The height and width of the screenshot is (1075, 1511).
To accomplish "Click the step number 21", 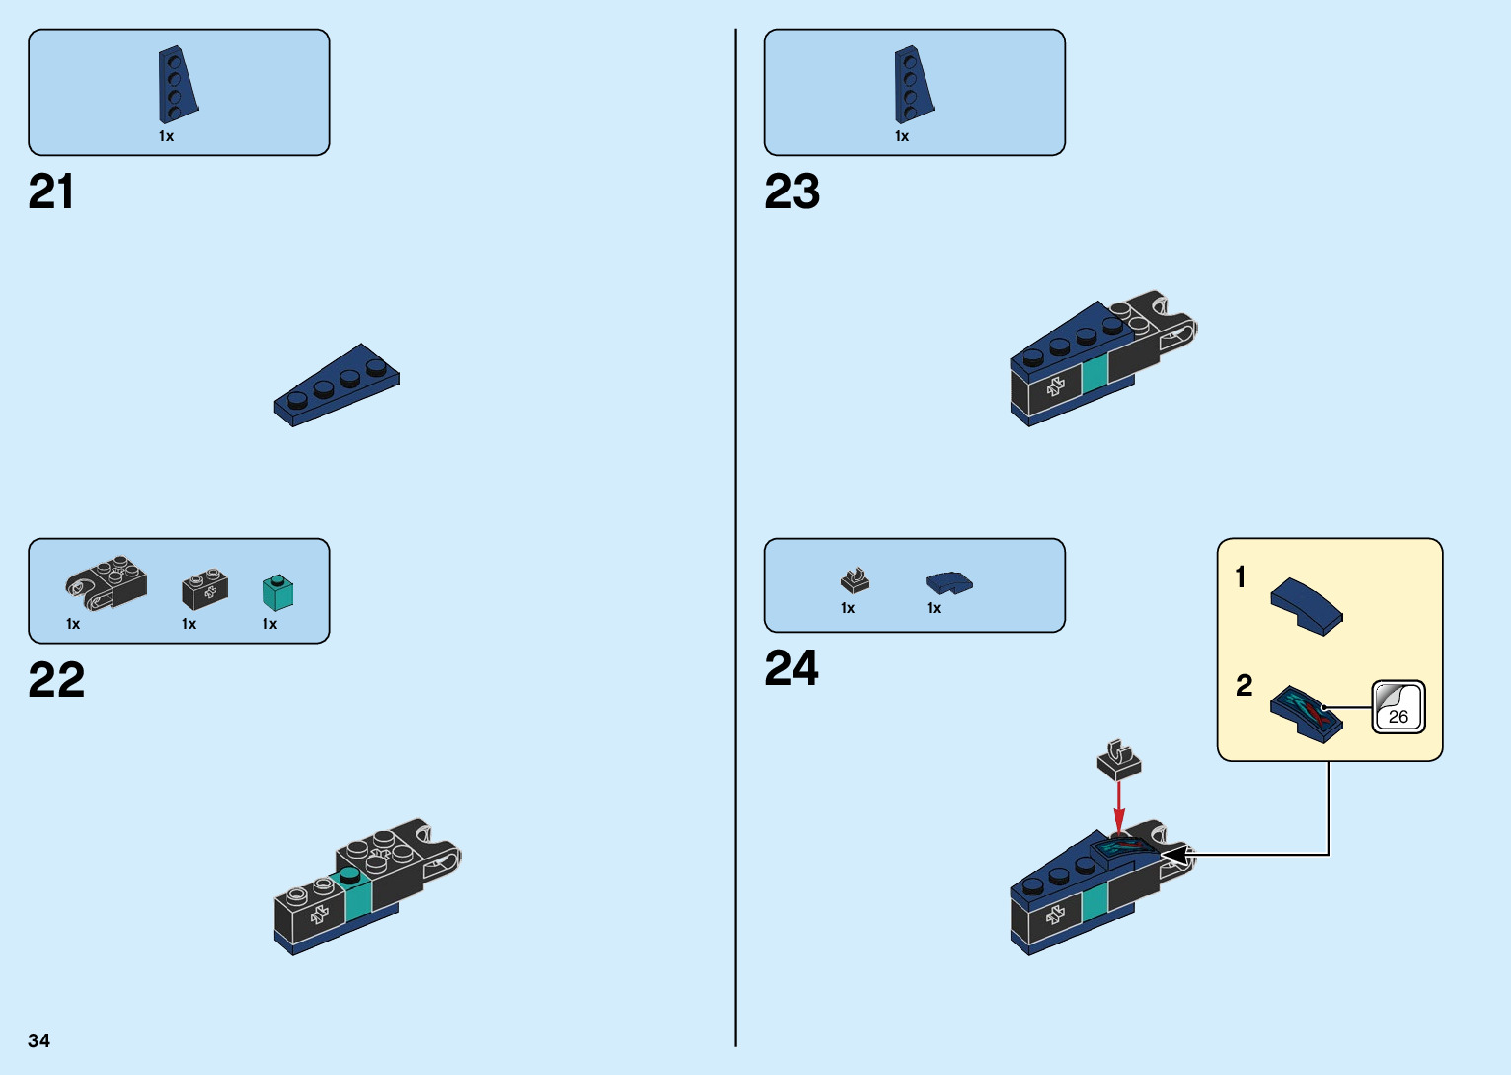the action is tap(51, 192).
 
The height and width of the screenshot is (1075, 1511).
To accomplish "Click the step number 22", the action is tap(56, 680).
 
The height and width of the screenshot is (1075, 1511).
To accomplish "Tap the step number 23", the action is tap(792, 192).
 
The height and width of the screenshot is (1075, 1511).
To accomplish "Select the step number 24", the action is tap(792, 668).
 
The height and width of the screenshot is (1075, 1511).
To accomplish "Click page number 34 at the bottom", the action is tap(39, 1040).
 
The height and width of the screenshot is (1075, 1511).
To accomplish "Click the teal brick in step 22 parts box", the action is tap(277, 592).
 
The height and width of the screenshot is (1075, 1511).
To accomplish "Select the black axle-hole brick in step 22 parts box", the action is tap(205, 589).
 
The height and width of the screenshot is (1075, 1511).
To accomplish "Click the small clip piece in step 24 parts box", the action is tap(855, 581).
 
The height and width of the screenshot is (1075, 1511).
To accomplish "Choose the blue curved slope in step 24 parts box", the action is tap(948, 583).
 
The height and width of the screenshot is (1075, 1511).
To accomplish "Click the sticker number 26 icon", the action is tap(1398, 707).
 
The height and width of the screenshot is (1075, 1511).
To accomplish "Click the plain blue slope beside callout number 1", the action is tap(1306, 605).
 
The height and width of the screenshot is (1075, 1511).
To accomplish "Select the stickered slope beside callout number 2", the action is tap(1305, 714).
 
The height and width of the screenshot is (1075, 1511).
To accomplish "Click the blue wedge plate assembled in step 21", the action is tap(338, 385).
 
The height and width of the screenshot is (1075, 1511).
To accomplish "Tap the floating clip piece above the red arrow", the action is tap(1118, 759).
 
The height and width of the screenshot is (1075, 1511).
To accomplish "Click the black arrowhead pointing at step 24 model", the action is tap(1175, 855).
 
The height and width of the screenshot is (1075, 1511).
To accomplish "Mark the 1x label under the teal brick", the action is tap(270, 624).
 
